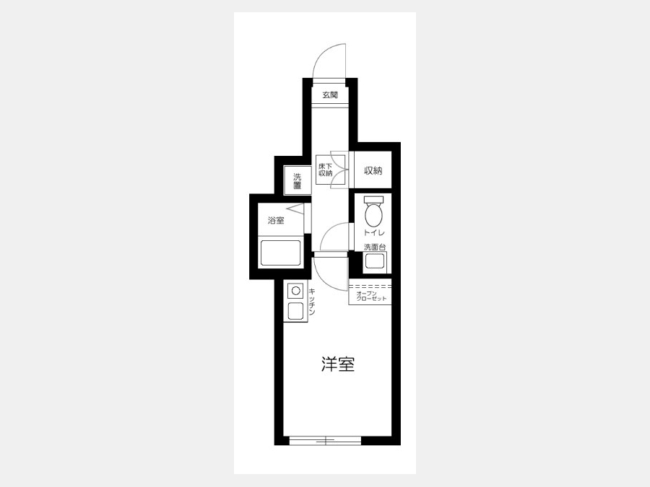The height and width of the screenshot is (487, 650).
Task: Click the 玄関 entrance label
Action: tap(330, 95)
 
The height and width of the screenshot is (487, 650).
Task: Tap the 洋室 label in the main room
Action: tap(338, 364)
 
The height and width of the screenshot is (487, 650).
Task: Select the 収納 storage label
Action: tap(373, 170)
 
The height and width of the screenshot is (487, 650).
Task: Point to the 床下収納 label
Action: tap(326, 170)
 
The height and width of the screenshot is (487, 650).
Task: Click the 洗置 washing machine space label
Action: tap(298, 181)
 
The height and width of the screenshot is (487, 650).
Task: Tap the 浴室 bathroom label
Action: tap(276, 220)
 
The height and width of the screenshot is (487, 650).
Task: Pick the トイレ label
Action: tap(374, 232)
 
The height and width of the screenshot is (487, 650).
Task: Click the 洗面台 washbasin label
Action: tap(375, 247)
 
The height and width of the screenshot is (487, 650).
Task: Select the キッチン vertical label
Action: tap(312, 302)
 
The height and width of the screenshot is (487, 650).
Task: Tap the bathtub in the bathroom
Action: tap(280, 253)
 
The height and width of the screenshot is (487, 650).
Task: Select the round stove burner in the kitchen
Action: tap(295, 291)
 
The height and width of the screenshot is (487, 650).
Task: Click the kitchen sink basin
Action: tap(295, 311)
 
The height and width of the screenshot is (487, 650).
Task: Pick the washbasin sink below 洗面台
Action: tap(375, 262)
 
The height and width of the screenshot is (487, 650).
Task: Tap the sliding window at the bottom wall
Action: tap(326, 440)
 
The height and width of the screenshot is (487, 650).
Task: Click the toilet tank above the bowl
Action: tap(374, 200)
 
